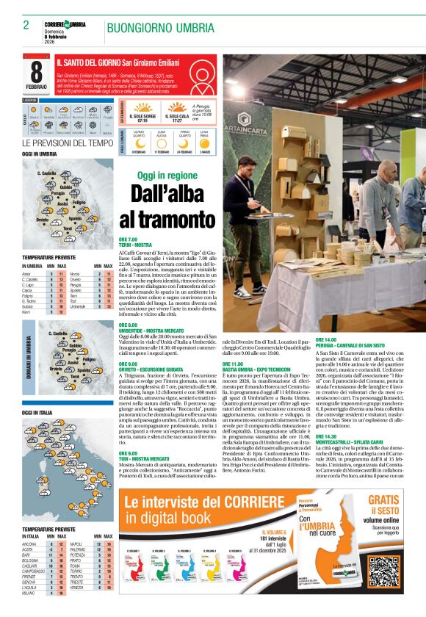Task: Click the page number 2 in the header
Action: click(x=26, y=25)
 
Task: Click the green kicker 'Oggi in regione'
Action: click(x=167, y=176)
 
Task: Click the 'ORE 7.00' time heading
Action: click(x=129, y=239)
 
